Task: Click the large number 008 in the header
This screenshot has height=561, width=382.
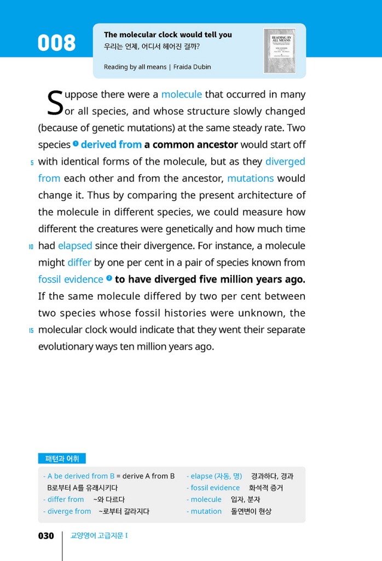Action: coord(56,43)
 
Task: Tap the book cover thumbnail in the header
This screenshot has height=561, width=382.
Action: coord(279,50)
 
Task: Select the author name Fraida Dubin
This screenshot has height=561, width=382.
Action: coord(192,67)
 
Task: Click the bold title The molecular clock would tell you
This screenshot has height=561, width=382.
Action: coord(168,35)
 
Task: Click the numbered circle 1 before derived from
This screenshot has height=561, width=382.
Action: coord(76,144)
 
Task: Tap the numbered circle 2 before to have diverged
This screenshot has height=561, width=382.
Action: coord(109,278)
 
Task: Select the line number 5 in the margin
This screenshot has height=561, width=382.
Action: coord(32,162)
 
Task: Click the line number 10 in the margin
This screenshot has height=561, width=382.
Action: coord(31,247)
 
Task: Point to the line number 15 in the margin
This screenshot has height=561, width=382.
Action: coord(31,331)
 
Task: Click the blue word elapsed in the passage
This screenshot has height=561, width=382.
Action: coord(75,245)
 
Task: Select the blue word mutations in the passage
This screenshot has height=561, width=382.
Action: coord(250,178)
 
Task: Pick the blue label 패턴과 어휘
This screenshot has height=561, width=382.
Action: coord(62,459)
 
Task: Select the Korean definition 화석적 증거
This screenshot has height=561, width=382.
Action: coord(266,488)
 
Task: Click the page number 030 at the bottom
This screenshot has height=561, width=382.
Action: coord(46,536)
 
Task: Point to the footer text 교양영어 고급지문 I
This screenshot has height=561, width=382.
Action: coord(99,536)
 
